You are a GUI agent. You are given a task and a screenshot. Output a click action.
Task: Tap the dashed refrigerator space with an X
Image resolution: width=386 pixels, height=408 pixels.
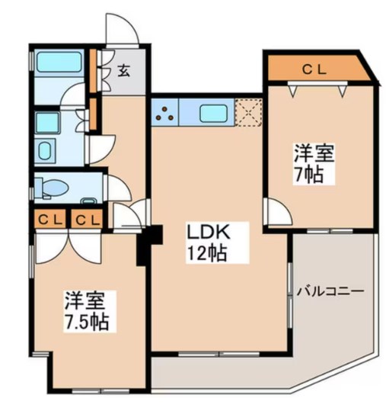(x=248, y=113)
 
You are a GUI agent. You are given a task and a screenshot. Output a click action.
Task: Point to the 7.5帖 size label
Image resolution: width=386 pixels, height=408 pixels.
(x=85, y=321)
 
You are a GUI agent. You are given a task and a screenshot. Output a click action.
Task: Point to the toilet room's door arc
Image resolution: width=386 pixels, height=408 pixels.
(x=115, y=187)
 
